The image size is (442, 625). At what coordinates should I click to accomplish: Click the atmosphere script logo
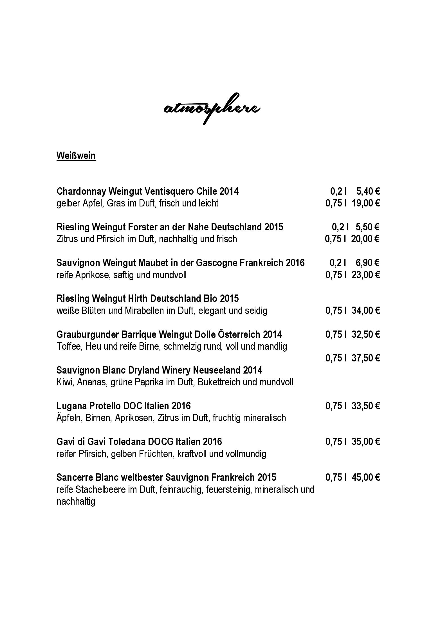tap(212, 108)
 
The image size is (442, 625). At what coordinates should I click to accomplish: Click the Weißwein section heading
tap(76, 156)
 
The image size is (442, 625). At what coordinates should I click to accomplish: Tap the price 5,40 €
tap(368, 191)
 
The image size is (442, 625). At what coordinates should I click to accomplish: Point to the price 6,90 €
tap(367, 263)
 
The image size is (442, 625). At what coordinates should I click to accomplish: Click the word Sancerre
tap(75, 477)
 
